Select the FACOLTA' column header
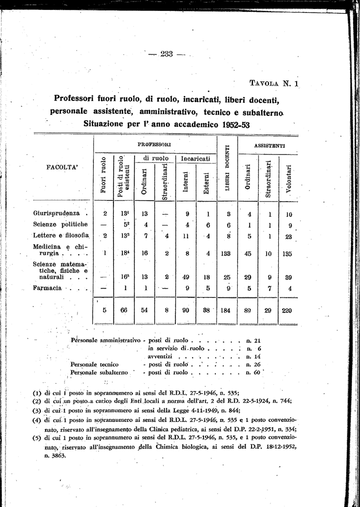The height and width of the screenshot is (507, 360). click(x=62, y=167)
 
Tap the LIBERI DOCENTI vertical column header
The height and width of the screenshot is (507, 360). click(x=228, y=168)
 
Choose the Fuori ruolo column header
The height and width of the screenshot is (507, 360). click(x=103, y=175)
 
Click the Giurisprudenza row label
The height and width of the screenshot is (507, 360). click(x=56, y=214)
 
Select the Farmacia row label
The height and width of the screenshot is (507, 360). click(x=47, y=288)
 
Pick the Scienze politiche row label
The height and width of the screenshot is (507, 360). click(x=57, y=224)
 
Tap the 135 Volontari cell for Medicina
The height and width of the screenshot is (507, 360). click(x=289, y=254)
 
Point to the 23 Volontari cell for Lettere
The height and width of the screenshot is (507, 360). click(x=289, y=236)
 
